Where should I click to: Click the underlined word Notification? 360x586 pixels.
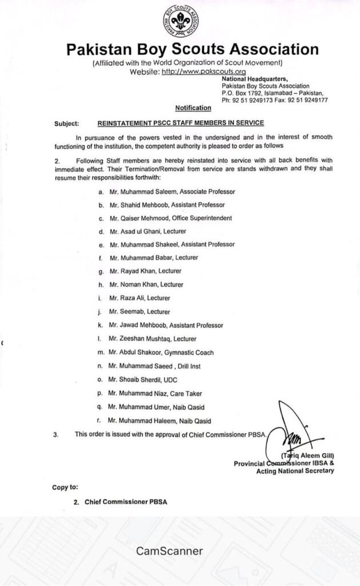pyautogui.click(x=193, y=108)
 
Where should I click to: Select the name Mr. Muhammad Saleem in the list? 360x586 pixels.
pyautogui.click(x=136, y=191)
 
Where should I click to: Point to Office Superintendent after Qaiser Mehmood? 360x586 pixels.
pyautogui.click(x=200, y=217)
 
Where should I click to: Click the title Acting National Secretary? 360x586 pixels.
pyautogui.click(x=295, y=471)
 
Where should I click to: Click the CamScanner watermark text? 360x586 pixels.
pyautogui.click(x=169, y=551)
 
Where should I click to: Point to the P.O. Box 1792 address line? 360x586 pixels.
pyautogui.click(x=272, y=93)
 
